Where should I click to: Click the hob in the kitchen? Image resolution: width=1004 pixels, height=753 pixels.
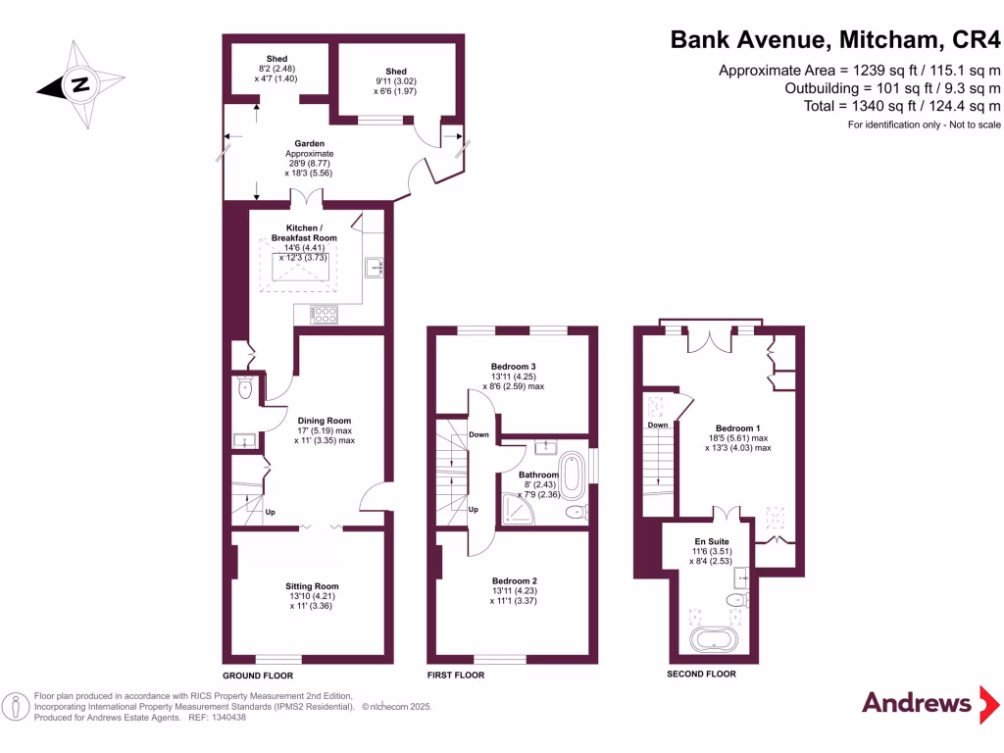325,315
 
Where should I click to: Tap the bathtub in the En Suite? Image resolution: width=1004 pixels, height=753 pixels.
718,642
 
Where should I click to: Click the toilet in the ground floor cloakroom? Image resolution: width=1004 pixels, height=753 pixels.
245,389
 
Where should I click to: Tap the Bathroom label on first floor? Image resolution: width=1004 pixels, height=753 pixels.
539,476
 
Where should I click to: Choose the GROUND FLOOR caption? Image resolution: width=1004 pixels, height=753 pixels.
258,676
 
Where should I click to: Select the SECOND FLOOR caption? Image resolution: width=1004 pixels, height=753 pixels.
701,675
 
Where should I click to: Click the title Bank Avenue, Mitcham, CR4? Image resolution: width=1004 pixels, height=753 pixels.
835,41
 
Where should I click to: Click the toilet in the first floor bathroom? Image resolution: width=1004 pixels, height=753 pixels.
577,512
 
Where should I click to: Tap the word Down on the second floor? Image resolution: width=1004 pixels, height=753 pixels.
657,425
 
